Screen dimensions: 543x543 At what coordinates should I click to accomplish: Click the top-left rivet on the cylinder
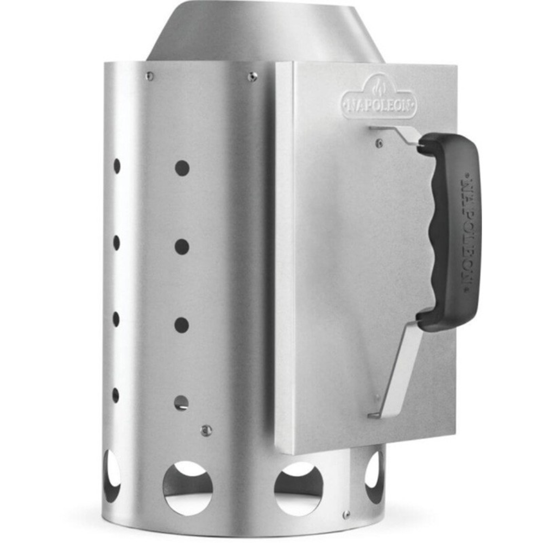click(150, 75)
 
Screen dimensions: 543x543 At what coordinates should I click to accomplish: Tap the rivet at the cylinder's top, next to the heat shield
click(252, 76)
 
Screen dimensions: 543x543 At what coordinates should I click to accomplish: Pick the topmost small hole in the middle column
click(182, 168)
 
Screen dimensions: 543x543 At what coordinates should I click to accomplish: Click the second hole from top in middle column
click(182, 247)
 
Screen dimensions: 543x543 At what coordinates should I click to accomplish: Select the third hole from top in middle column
click(181, 325)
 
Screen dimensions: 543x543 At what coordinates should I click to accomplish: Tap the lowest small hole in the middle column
click(181, 403)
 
